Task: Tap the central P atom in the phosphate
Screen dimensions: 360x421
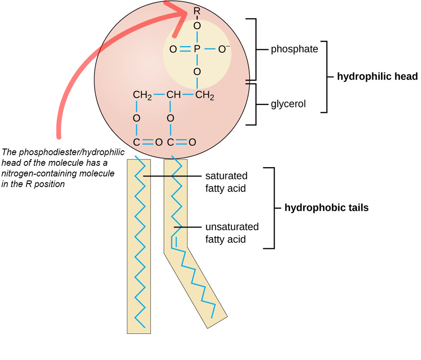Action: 197,49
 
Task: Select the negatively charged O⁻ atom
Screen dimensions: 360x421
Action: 224,49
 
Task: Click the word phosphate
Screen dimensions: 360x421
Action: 294,49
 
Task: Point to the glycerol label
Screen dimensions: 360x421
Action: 288,105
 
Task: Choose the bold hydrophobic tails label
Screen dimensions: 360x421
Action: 326,207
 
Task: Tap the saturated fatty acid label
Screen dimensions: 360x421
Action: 226,182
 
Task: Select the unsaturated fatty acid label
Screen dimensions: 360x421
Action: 232,233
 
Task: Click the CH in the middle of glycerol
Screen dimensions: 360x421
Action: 173,95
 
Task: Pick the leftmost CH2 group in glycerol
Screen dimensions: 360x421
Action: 143,95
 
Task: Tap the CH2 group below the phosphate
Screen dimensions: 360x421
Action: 205,95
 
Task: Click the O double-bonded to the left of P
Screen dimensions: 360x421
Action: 172,49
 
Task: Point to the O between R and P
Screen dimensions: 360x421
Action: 197,26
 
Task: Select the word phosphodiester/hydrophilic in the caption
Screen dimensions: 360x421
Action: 74,152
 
